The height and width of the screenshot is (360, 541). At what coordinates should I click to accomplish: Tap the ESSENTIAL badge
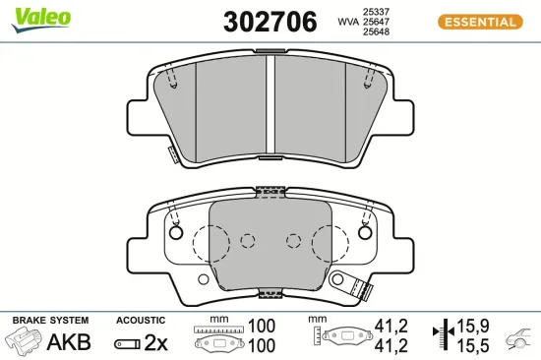click(x=478, y=22)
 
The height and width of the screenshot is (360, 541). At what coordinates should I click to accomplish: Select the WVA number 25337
click(x=378, y=11)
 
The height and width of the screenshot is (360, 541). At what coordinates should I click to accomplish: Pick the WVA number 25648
click(x=378, y=32)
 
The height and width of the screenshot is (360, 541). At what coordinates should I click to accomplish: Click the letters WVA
click(x=347, y=22)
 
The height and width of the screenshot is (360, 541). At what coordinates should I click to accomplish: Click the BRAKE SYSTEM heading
click(x=50, y=321)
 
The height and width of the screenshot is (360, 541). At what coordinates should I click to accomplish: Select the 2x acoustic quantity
click(x=155, y=342)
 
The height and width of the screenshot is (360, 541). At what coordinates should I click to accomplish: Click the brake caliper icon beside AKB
click(x=26, y=342)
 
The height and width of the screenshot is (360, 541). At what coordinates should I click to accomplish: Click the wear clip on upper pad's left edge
click(x=171, y=154)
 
